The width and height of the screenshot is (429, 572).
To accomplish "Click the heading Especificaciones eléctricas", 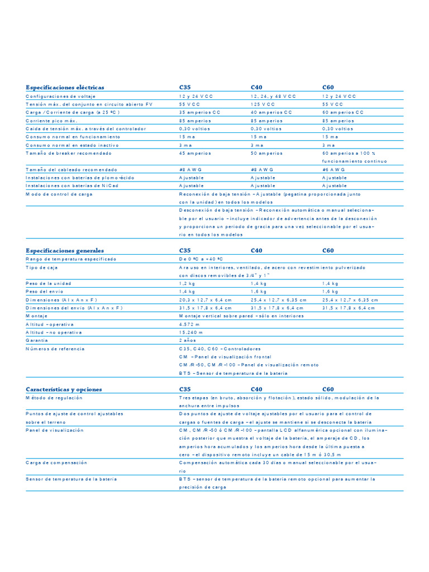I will (x=65, y=88).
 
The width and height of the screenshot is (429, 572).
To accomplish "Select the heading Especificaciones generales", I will (x=64, y=251).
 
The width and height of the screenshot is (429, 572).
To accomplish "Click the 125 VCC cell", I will (x=263, y=104).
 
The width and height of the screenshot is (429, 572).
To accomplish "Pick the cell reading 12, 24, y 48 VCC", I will (x=274, y=96).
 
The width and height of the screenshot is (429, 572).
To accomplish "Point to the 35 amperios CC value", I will (x=200, y=112).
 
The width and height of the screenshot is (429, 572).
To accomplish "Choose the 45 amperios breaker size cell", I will (x=195, y=153).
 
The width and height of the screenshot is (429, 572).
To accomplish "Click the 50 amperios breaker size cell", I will (x=266, y=153).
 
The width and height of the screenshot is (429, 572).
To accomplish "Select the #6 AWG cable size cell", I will (x=333, y=169).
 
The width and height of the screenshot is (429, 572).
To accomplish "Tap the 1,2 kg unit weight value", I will (x=187, y=284).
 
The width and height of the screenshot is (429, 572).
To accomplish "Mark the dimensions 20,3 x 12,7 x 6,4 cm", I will (x=205, y=300).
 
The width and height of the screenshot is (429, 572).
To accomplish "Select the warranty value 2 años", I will (x=188, y=340).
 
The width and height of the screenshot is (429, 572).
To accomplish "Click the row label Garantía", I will (x=37, y=340).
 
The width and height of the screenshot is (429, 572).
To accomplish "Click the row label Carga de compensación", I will (x=56, y=463).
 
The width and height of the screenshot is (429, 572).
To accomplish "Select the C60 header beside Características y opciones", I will (x=328, y=389).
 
